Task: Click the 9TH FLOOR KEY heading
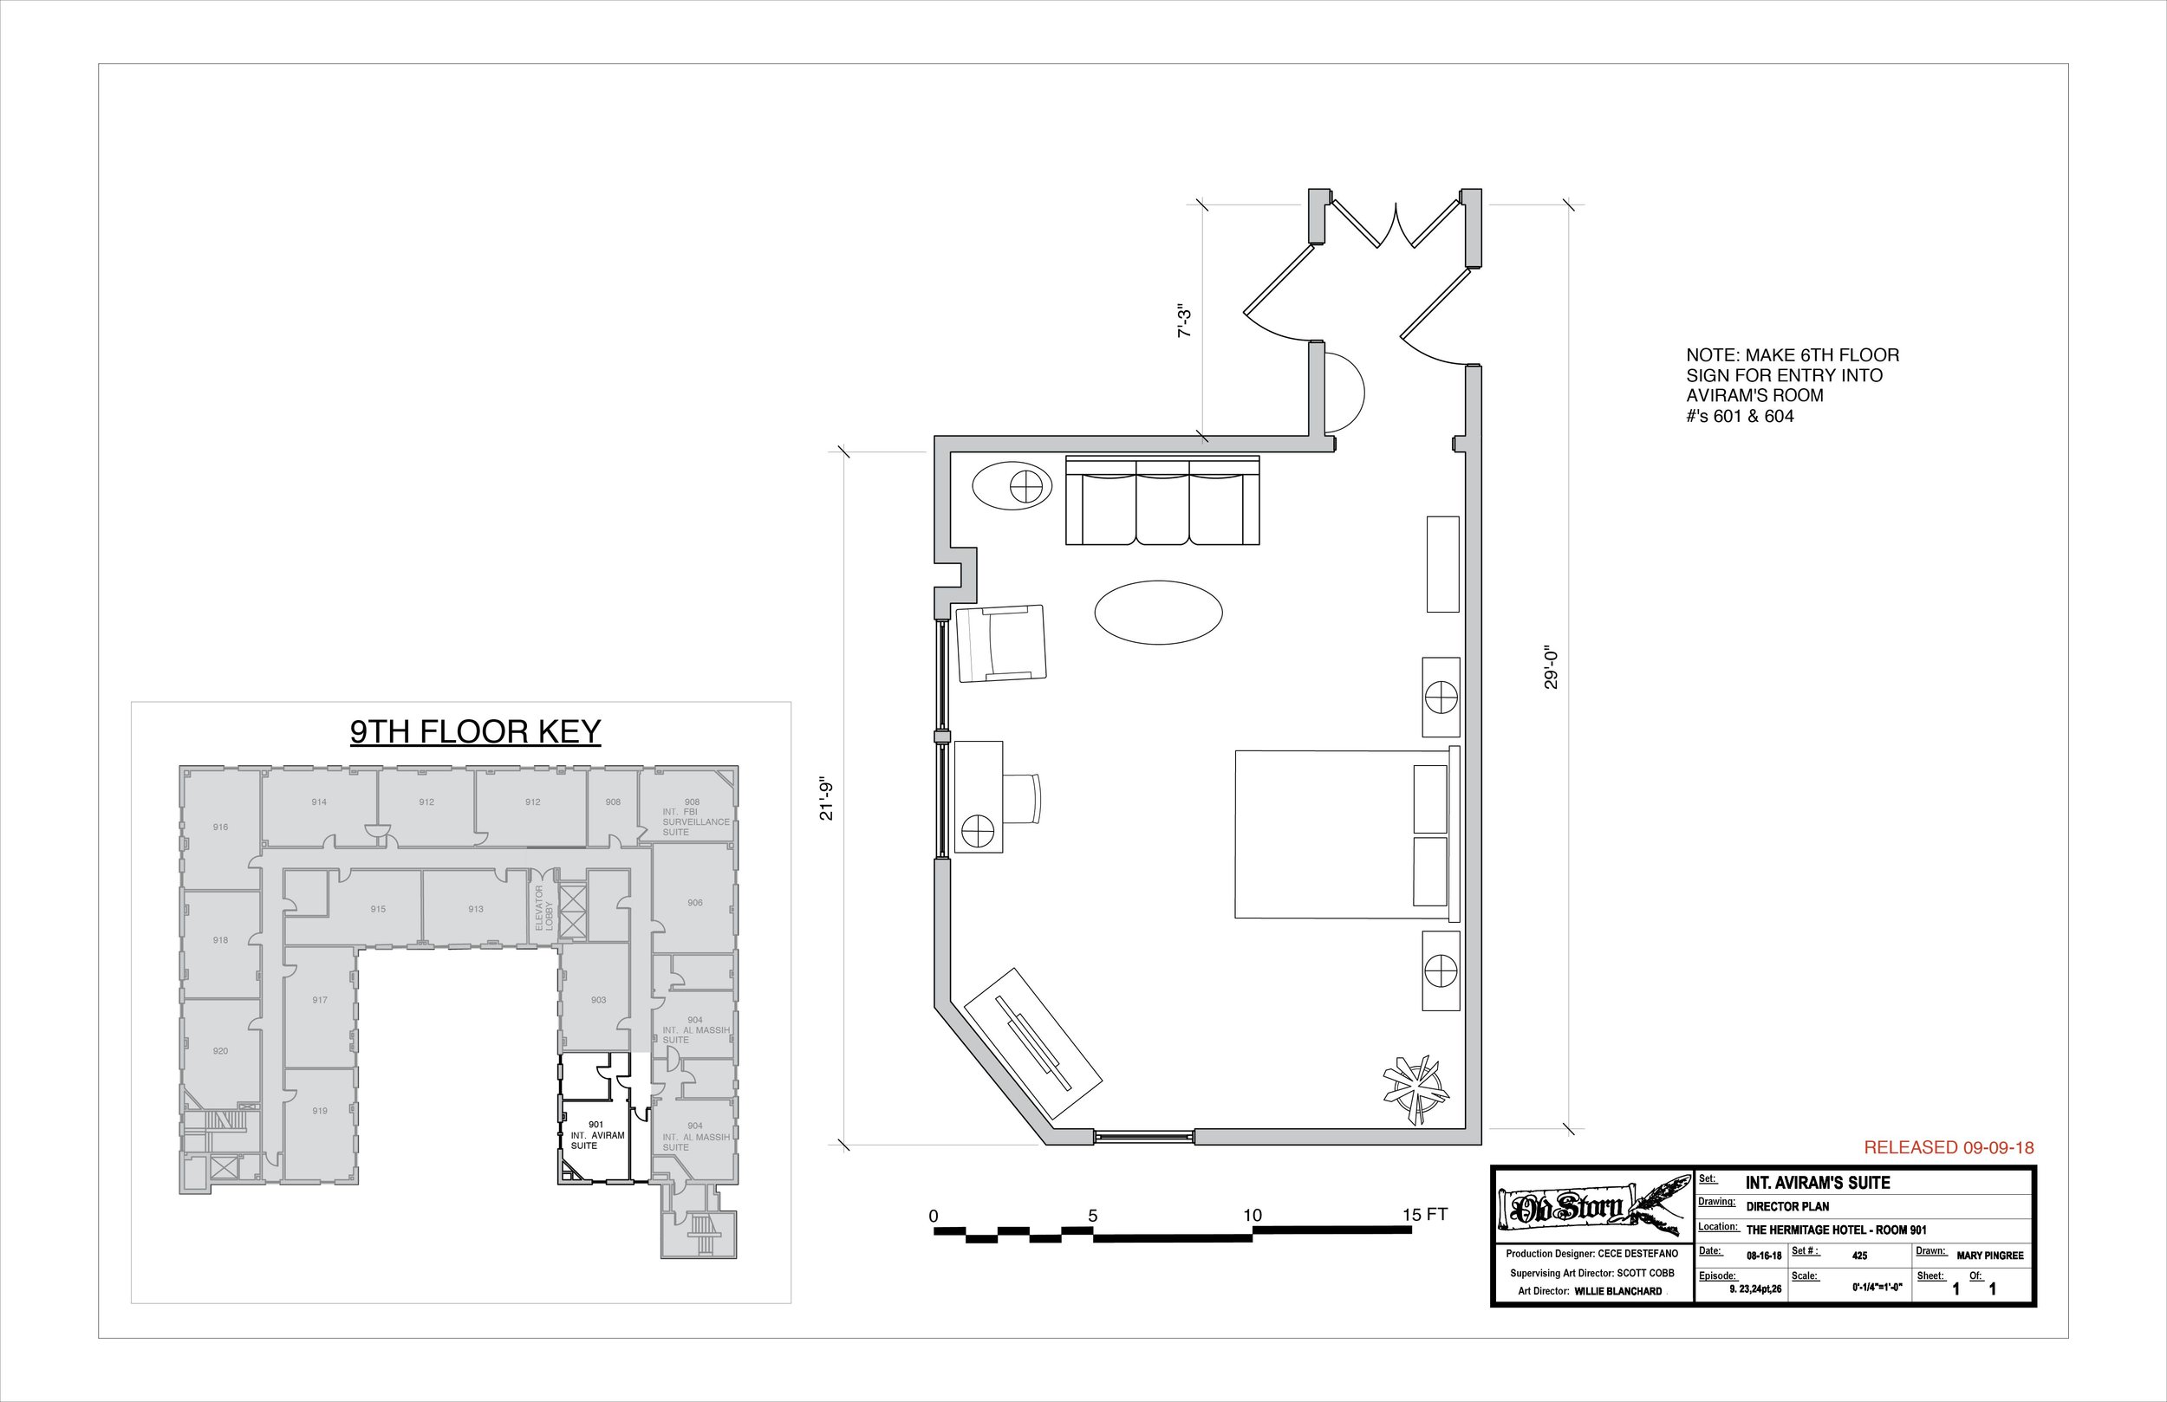pos(475,732)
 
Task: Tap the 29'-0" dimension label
pos(1552,667)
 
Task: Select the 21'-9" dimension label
pos(827,798)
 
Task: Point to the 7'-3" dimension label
pos(1185,321)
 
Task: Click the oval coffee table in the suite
pos(1157,613)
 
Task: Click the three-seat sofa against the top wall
pos(1162,502)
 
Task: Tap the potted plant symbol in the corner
pos(1413,1085)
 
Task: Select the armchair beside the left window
pos(1000,643)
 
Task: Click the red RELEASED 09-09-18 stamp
pos(1949,1148)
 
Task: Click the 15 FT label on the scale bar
pos(1424,1215)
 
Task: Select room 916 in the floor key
pos(220,827)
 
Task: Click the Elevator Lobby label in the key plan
pos(543,907)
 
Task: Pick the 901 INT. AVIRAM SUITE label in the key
pos(596,1135)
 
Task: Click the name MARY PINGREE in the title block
pos(1989,1256)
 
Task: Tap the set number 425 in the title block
pos(1859,1256)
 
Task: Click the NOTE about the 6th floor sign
pos(1791,385)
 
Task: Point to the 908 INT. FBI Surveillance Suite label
pos(693,816)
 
